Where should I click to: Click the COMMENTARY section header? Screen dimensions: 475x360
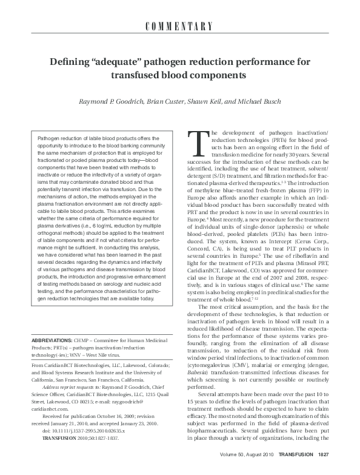[x=180, y=26]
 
